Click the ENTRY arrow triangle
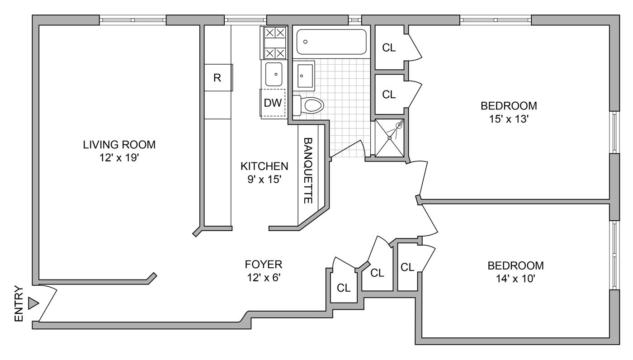[33, 303]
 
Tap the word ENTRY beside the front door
[19, 304]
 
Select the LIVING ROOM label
[119, 145]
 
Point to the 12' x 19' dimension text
[119, 158]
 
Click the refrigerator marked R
[218, 78]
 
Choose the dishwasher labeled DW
[273, 103]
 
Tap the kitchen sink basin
[274, 74]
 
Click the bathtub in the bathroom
[331, 42]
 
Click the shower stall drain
[389, 138]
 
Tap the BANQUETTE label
[308, 171]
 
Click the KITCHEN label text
[264, 166]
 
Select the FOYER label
[263, 265]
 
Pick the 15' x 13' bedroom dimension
[509, 119]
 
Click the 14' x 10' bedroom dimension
[516, 279]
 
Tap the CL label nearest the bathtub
[389, 48]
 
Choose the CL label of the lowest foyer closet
[344, 288]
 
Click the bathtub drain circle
[305, 42]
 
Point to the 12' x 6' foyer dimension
[264, 278]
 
